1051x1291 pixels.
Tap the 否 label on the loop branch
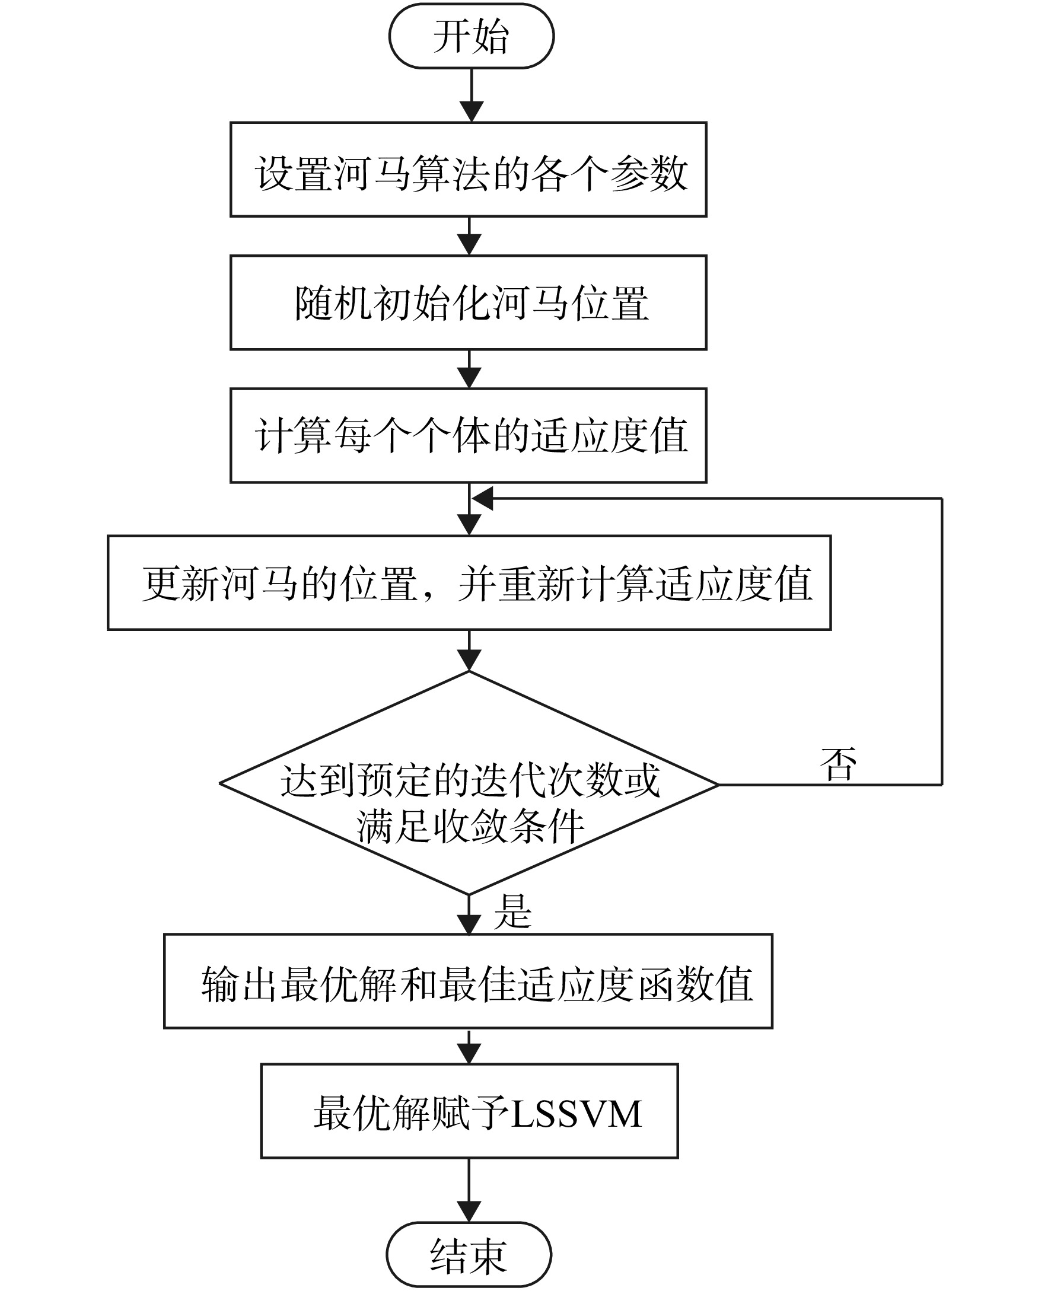839,764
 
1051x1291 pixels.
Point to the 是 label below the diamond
513,911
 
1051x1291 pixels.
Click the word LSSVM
577,1114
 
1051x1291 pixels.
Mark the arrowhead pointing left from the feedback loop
482,499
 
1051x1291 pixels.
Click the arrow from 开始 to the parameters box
471,95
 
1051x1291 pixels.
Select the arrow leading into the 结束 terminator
469,1191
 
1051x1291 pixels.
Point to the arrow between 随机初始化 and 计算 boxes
469,369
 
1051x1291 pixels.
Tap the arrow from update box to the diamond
469,651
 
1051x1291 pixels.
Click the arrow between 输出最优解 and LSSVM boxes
469,1047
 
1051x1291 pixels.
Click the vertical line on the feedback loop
942,642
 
